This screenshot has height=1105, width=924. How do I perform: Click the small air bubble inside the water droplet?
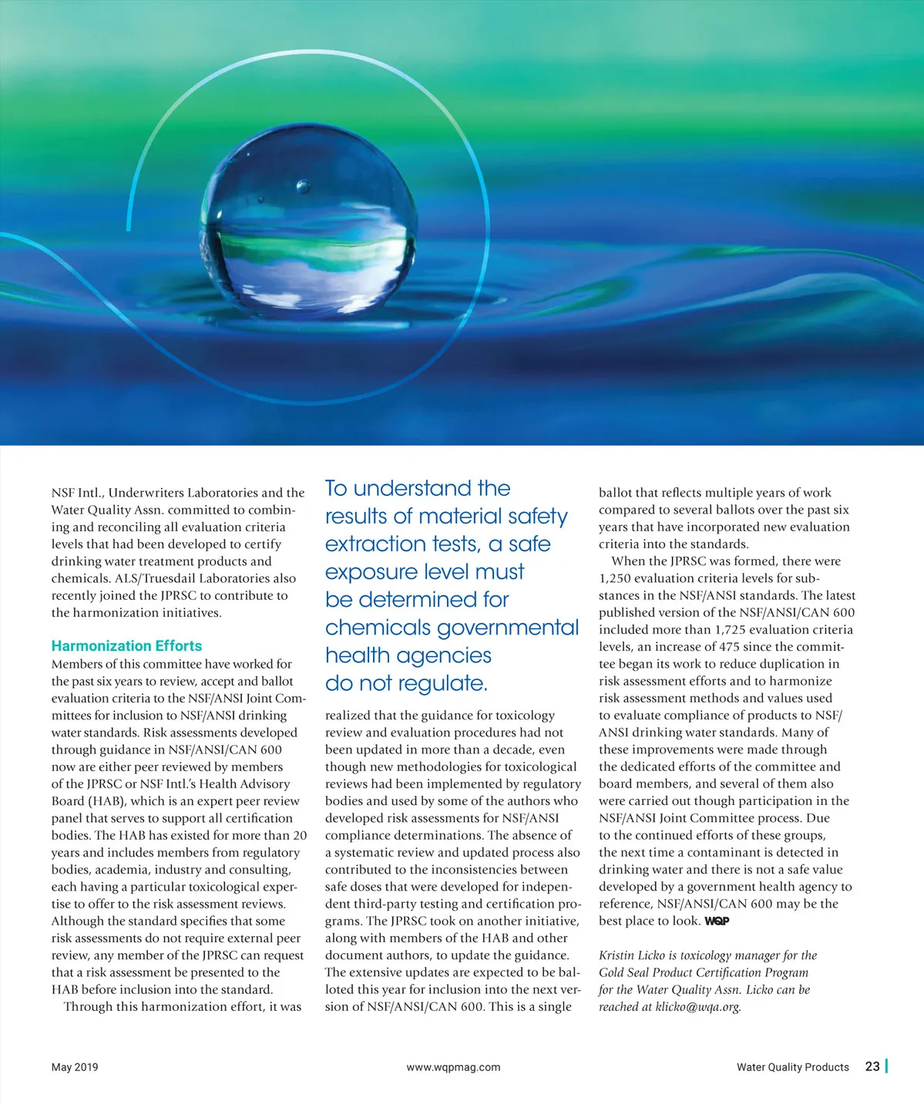[303, 187]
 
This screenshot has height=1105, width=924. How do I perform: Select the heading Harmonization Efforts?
[126, 646]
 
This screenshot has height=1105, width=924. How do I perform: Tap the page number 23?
[872, 1066]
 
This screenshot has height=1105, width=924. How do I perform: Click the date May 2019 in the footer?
[75, 1067]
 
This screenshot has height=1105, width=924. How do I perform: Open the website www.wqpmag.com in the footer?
[453, 1067]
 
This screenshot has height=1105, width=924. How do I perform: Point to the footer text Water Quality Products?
[792, 1067]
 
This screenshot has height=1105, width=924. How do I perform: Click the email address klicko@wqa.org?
[697, 1007]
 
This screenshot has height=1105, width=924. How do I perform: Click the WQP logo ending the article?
[717, 921]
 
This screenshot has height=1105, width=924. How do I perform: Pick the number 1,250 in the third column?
[616, 578]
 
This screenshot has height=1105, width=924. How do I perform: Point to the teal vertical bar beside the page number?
[887, 1066]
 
